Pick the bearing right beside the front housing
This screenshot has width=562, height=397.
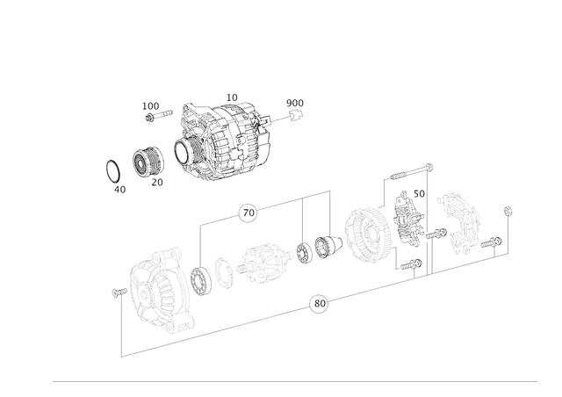(x=201, y=278)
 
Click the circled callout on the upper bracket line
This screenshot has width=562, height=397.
(x=249, y=212)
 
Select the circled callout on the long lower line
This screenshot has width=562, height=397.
(x=321, y=305)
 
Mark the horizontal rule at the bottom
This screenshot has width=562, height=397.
(x=295, y=382)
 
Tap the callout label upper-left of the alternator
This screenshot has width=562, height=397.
(x=152, y=108)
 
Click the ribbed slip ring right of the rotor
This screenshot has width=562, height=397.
(x=317, y=249)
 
